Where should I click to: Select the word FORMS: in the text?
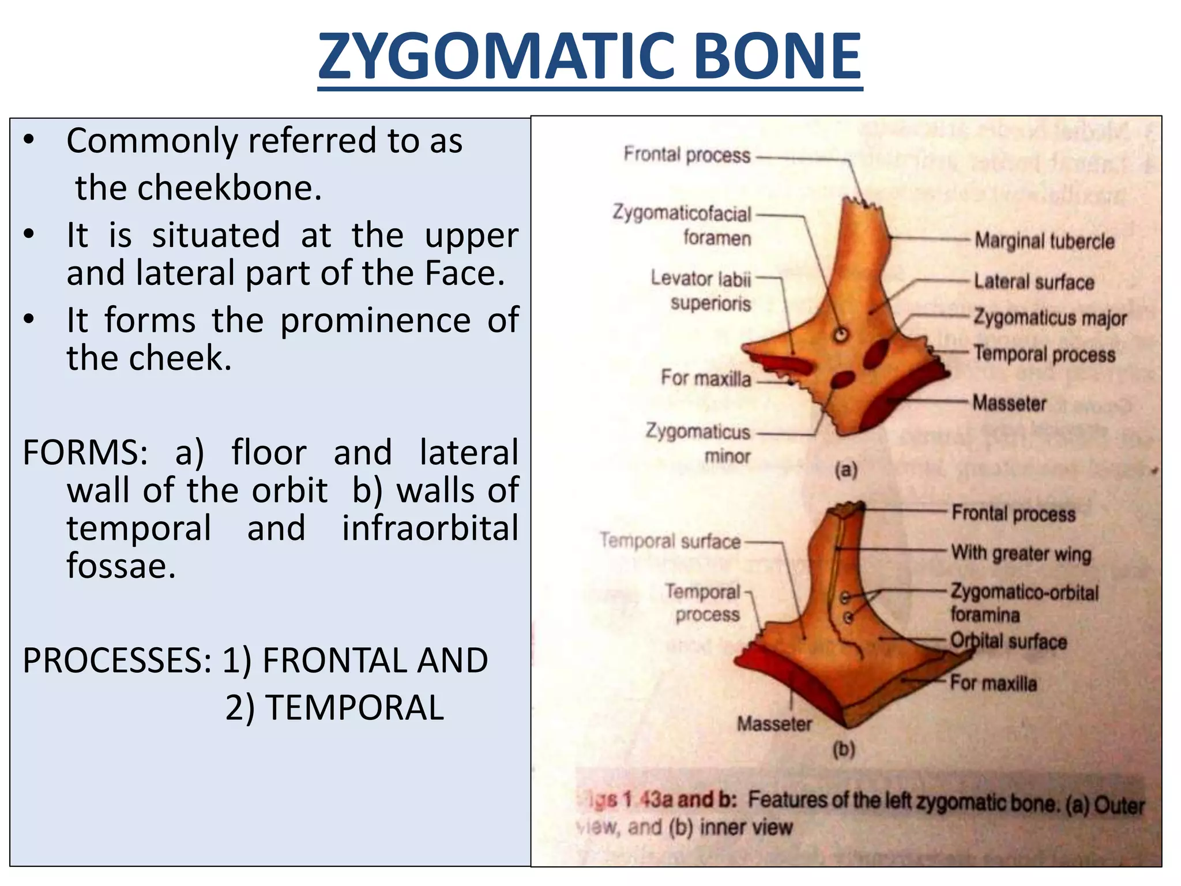(84, 452)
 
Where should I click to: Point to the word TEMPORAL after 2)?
(354, 708)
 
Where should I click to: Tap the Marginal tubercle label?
(1044, 241)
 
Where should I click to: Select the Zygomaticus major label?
(1050, 318)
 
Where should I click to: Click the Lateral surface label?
(1033, 282)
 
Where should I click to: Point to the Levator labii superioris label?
(701, 291)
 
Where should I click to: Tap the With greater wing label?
(1021, 553)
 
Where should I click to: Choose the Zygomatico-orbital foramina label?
(1024, 603)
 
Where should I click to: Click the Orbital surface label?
(1008, 641)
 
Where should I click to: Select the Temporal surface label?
(670, 541)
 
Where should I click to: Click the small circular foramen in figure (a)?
(841, 335)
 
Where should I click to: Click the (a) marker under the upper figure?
(846, 470)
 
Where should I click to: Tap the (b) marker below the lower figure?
(844, 749)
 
